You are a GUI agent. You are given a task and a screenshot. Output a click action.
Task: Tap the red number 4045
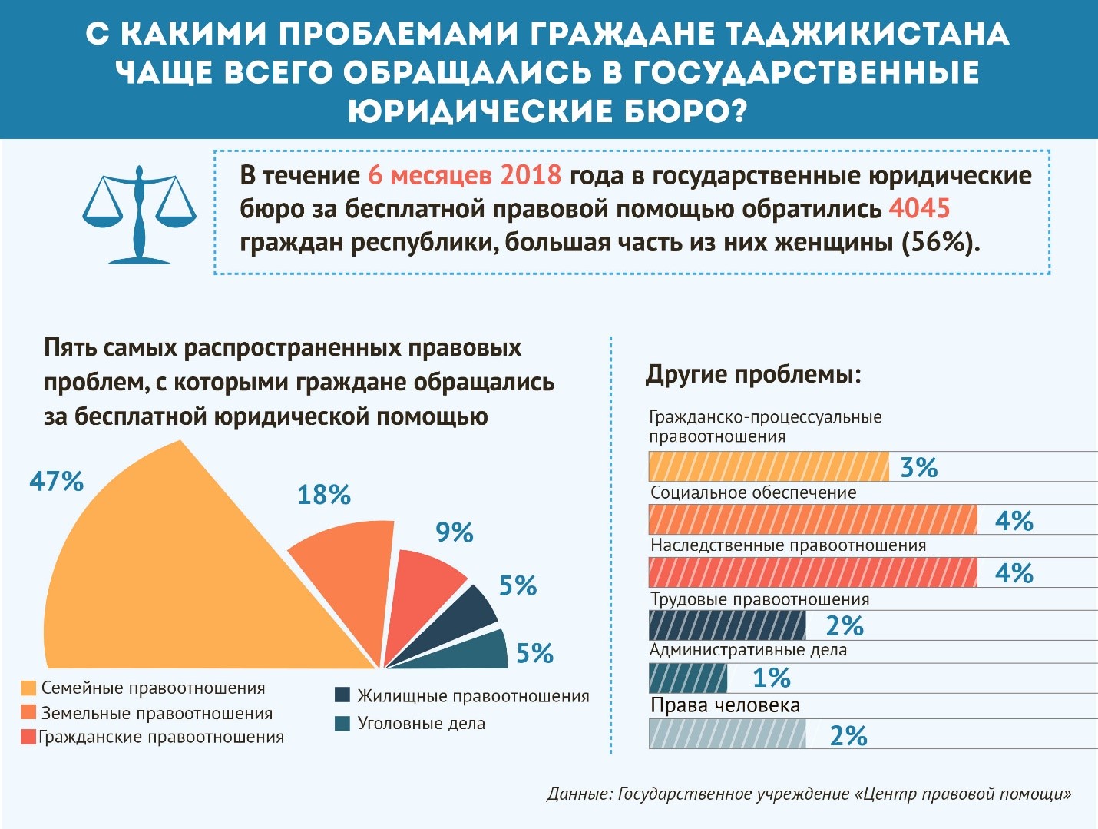click(x=919, y=208)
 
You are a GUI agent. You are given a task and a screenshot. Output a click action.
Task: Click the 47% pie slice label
click(x=56, y=482)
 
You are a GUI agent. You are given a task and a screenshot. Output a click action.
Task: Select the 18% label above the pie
click(x=324, y=495)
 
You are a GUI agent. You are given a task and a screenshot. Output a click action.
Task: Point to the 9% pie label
click(x=454, y=532)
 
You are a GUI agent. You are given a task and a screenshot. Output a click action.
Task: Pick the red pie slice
click(x=426, y=592)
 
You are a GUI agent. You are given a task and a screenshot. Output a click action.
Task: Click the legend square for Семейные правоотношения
click(x=28, y=688)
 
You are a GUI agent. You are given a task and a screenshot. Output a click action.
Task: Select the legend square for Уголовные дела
click(x=342, y=724)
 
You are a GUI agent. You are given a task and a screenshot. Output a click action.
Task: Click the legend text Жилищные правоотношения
click(x=473, y=696)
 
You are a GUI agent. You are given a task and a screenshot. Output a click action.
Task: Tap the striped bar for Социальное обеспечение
click(x=812, y=519)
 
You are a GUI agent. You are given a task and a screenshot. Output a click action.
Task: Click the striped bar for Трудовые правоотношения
click(x=727, y=625)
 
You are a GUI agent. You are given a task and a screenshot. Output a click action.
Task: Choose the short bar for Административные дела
click(x=687, y=678)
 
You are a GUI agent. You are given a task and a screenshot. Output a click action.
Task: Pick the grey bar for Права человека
click(x=727, y=734)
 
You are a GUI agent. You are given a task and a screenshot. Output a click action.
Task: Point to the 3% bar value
click(x=918, y=467)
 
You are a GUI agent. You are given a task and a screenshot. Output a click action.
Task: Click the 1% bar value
click(x=771, y=678)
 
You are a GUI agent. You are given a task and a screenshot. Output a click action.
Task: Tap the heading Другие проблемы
click(x=753, y=374)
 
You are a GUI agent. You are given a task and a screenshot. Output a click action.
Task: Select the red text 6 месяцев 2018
click(x=465, y=175)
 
